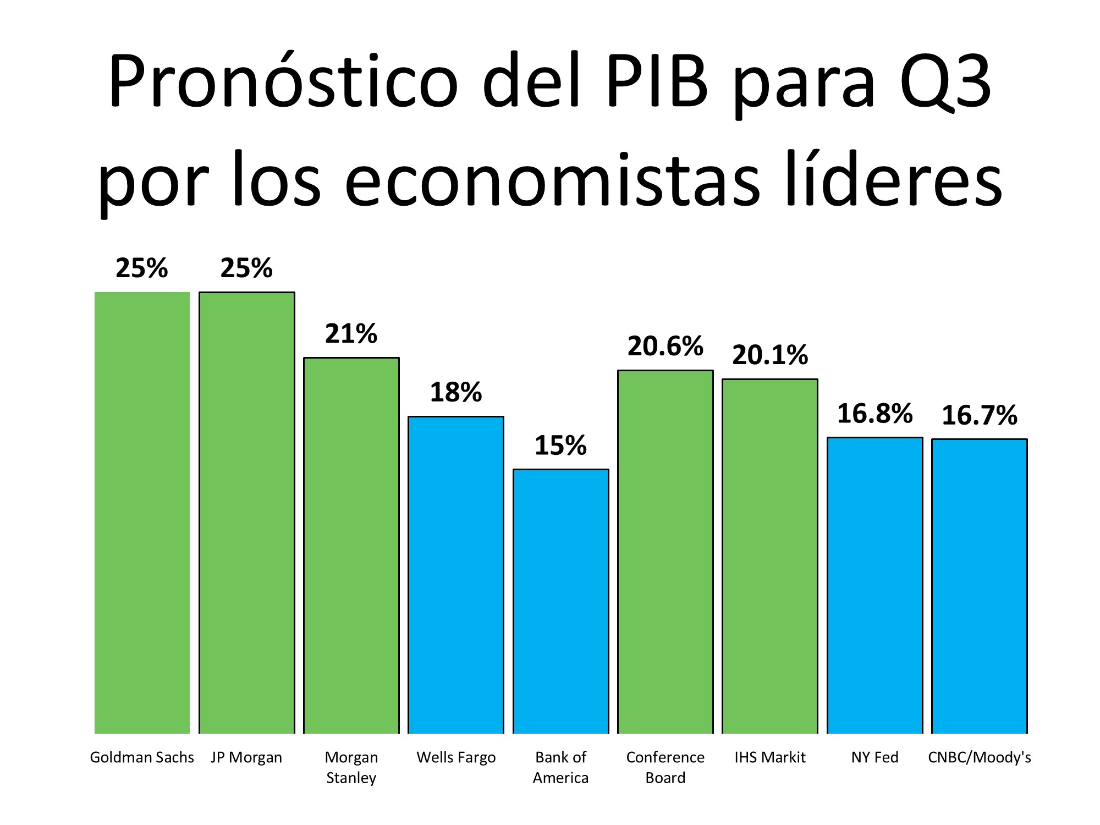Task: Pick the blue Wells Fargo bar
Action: click(x=456, y=575)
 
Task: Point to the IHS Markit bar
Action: click(x=770, y=556)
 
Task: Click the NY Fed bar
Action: click(x=875, y=585)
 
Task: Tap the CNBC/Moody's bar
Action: click(x=980, y=586)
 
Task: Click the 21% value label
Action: click(x=351, y=334)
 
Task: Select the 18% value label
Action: click(x=456, y=393)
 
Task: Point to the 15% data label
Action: click(x=560, y=446)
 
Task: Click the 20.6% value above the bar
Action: click(x=665, y=346)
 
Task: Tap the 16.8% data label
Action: click(x=875, y=414)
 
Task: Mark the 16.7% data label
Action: click(x=980, y=415)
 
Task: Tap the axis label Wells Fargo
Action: click(x=456, y=757)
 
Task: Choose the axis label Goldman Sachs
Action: click(x=142, y=757)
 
